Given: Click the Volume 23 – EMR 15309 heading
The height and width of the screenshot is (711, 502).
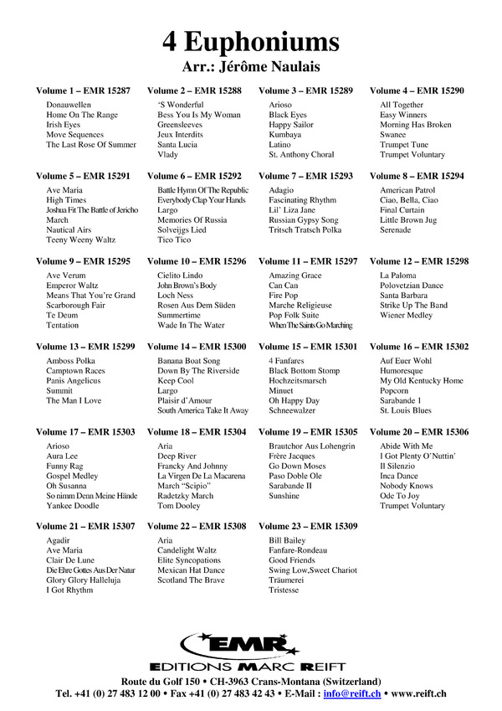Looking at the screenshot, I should point(308,526).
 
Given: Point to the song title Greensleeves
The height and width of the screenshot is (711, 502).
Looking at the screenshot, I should point(180,125).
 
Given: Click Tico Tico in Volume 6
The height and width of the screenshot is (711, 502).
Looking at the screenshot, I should point(175,240).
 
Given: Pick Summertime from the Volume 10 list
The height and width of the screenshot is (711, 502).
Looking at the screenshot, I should point(180,315).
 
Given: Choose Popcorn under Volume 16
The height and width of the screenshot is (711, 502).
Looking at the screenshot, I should point(394,390).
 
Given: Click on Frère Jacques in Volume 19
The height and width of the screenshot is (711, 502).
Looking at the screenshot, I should point(292,456).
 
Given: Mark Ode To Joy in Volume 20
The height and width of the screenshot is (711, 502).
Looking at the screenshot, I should point(400,496).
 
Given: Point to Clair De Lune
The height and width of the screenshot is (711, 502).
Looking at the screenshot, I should point(70,560).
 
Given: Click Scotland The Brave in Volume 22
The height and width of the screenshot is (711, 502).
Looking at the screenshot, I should point(191,580).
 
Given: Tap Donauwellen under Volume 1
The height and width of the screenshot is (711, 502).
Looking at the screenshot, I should point(69,105).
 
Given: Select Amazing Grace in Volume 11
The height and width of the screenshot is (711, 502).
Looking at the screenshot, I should point(295,276).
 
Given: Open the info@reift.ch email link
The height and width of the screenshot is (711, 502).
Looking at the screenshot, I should point(352,693).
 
